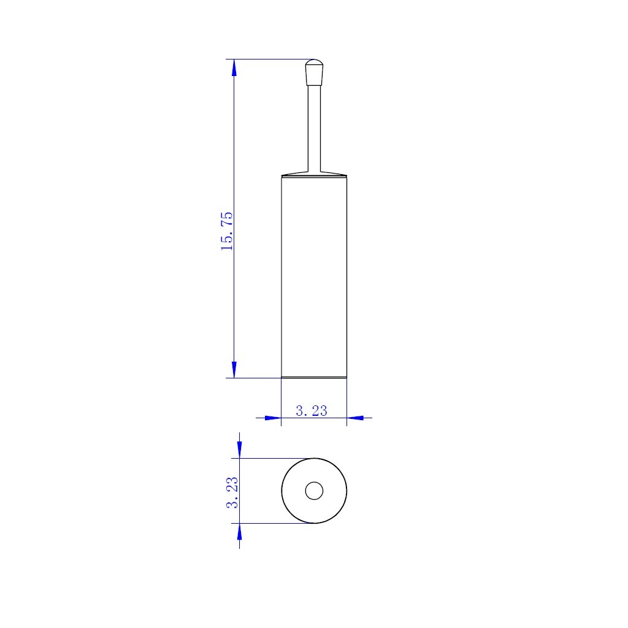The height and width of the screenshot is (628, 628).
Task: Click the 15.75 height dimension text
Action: tap(226, 231)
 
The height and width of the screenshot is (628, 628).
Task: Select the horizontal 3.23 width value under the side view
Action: tap(312, 411)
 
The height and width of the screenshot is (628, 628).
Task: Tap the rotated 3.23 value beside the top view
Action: tap(232, 492)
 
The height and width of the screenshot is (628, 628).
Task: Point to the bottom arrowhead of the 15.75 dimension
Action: tap(234, 369)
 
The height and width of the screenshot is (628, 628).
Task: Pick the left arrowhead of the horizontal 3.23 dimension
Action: tap(273, 418)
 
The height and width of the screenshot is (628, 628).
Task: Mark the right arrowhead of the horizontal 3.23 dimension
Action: tap(355, 418)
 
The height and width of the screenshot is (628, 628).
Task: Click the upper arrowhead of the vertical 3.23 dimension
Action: tap(239, 450)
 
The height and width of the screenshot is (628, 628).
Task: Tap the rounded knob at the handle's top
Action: tap(314, 72)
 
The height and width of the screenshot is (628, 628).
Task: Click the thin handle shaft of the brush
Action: tap(314, 129)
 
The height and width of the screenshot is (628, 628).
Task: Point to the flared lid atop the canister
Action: tap(314, 174)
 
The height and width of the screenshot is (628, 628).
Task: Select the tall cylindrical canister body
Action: tap(314, 276)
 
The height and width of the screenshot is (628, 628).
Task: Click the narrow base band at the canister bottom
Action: tap(314, 377)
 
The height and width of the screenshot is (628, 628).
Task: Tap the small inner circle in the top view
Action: tap(314, 491)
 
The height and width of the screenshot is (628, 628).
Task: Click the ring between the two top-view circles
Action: tap(331, 491)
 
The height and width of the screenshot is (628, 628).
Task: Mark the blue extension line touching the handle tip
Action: tap(270, 59)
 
